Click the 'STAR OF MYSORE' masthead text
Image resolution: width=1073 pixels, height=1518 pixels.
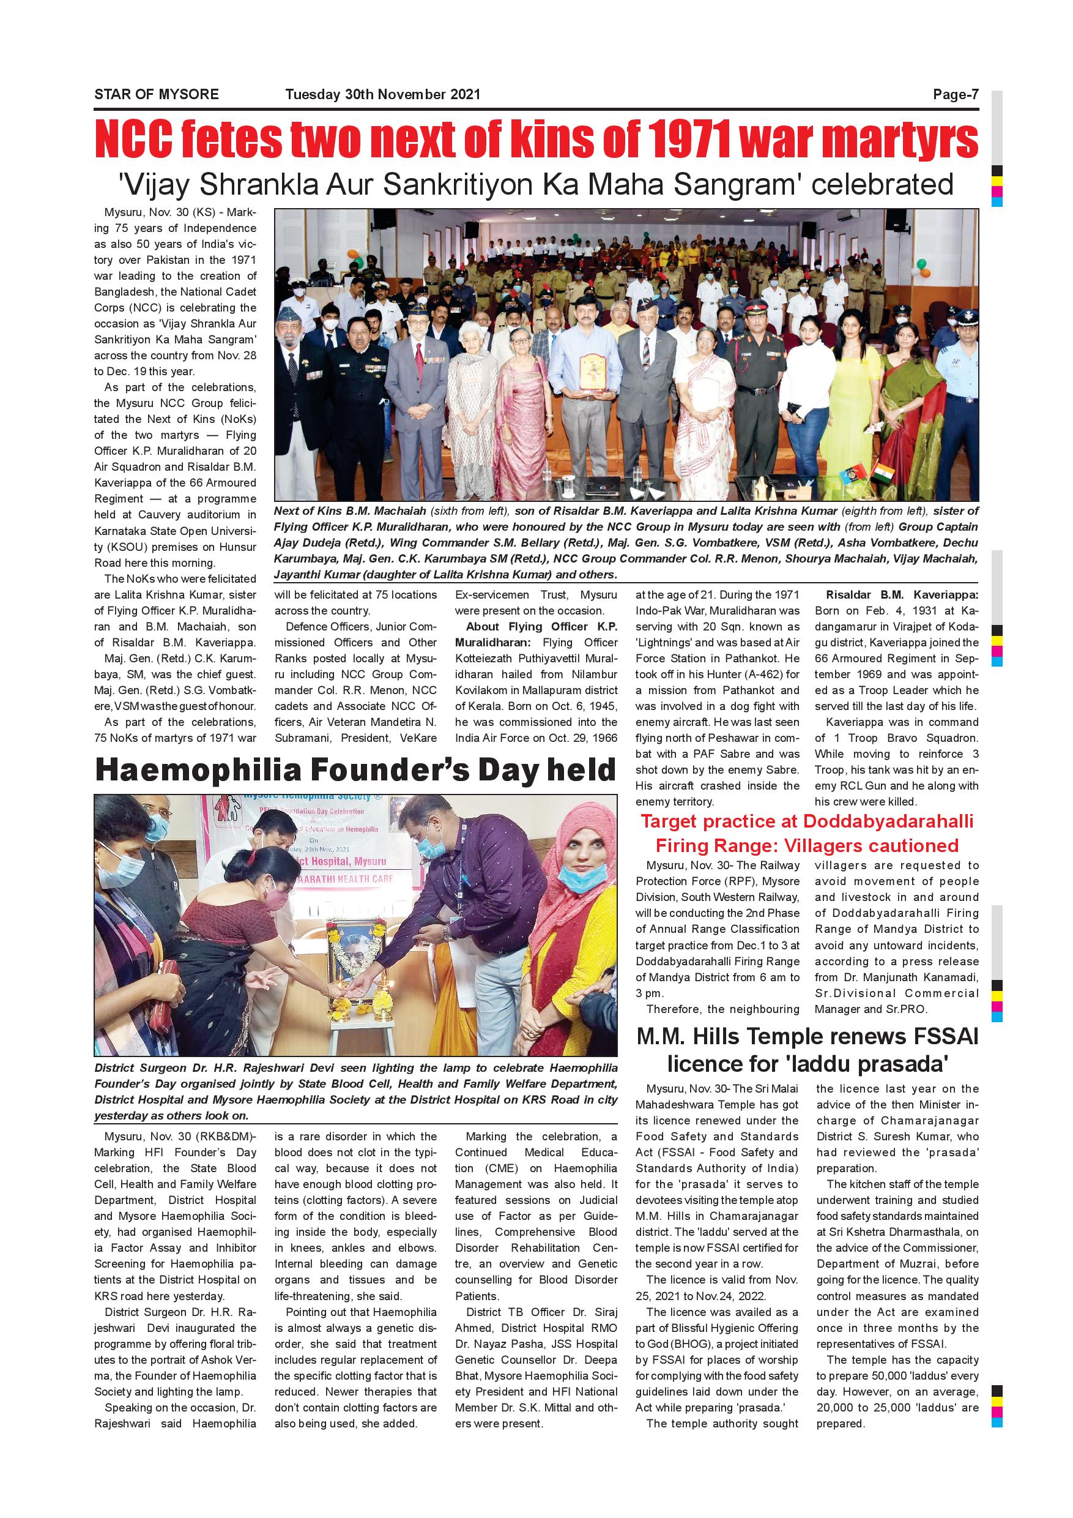(x=157, y=94)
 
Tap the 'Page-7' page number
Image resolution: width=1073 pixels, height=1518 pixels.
(x=955, y=94)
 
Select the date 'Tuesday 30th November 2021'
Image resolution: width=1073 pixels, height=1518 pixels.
(x=382, y=94)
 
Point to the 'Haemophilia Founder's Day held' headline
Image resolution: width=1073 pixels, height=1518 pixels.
(x=355, y=771)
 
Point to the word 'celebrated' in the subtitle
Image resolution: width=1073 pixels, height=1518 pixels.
(x=882, y=185)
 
